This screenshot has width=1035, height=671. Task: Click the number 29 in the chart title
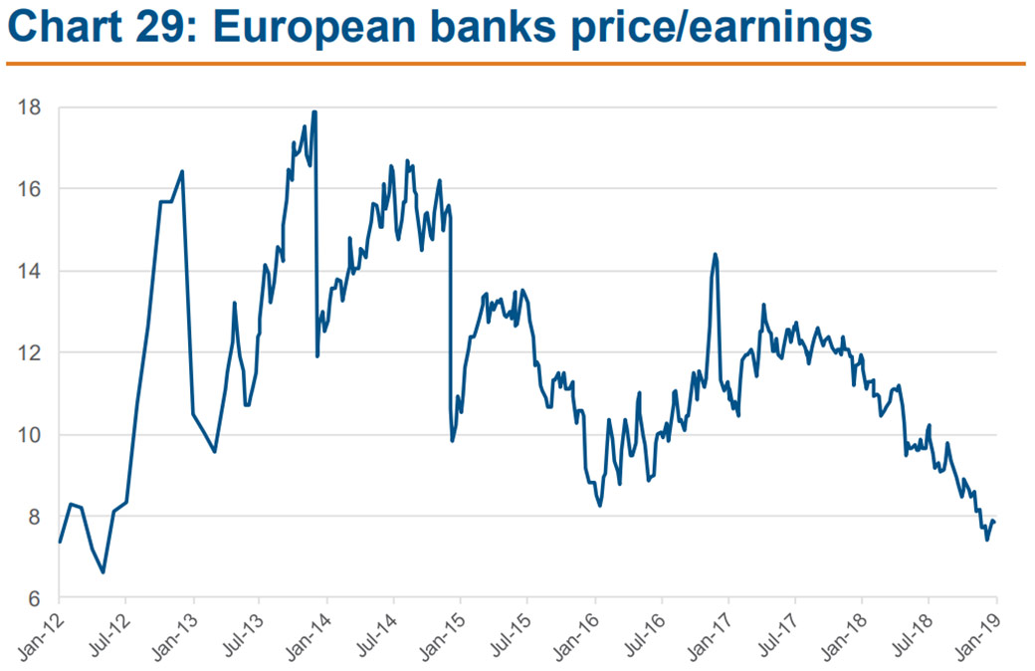click(190, 30)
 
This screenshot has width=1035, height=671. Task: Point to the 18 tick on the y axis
click(29, 107)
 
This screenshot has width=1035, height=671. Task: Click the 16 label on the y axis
click(29, 188)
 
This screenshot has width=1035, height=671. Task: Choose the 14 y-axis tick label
click(29, 271)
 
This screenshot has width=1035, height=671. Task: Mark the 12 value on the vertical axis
click(29, 352)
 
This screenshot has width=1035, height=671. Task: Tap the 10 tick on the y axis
click(29, 435)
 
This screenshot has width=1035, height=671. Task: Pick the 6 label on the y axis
click(34, 598)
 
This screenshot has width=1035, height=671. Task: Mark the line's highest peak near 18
click(314, 112)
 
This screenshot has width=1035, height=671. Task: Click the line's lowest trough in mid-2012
click(103, 572)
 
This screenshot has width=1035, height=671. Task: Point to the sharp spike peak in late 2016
click(715, 254)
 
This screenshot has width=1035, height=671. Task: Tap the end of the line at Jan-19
click(995, 523)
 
